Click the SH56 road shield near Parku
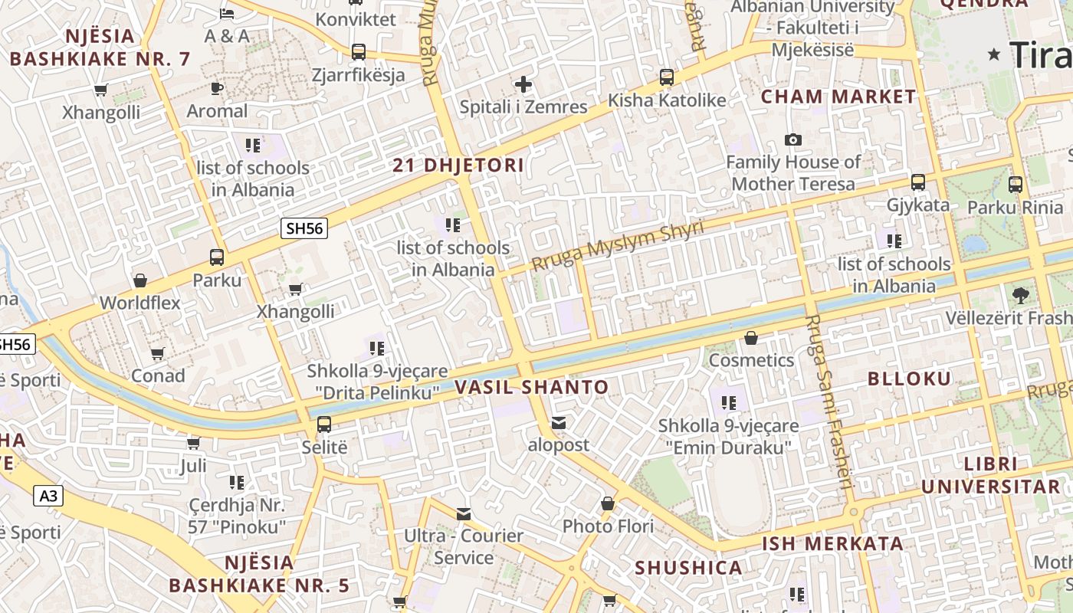305,228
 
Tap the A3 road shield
48,496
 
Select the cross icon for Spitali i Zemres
523,84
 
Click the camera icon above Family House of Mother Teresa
793,139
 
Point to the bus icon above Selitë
324,425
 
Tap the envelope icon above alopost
559,422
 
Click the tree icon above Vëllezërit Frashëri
1020,295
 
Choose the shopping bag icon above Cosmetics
751,338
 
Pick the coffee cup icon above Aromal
217,89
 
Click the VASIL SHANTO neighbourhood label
532,387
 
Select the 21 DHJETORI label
458,165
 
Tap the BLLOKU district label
910,379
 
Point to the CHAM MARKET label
838,97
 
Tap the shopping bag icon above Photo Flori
608,503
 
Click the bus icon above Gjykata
918,182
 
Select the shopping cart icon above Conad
158,353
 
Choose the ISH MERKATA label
832,544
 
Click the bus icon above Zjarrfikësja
358,52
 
